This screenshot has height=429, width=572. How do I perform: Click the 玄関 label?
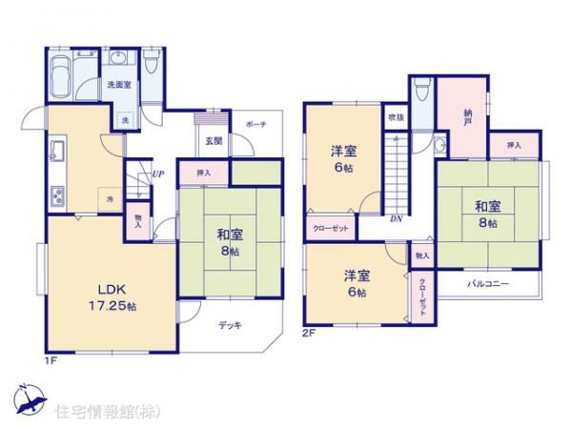click(x=213, y=140)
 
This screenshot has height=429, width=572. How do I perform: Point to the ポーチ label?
click(x=255, y=125)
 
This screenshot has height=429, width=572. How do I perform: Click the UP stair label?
click(x=156, y=174)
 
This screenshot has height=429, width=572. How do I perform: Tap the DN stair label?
click(x=395, y=219)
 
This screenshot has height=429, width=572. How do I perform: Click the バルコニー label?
click(x=487, y=284)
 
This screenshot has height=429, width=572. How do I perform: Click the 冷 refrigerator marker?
click(x=111, y=197)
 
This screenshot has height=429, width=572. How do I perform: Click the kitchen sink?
click(x=55, y=151)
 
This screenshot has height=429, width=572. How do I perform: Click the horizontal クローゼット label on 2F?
click(x=330, y=228)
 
